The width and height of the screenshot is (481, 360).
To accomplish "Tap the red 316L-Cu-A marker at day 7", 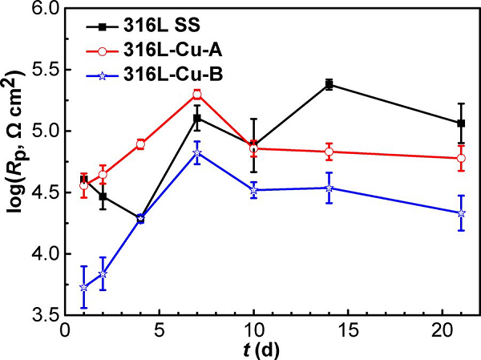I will (x=196, y=95).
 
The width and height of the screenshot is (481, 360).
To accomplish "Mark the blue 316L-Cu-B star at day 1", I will (x=83, y=287).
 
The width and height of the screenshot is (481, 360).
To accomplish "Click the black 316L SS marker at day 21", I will (x=461, y=123).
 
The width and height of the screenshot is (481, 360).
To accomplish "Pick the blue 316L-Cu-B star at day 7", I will (x=196, y=152).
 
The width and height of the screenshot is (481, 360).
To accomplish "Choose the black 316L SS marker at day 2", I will (x=103, y=196).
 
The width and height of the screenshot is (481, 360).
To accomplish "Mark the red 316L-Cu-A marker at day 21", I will (x=461, y=158).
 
